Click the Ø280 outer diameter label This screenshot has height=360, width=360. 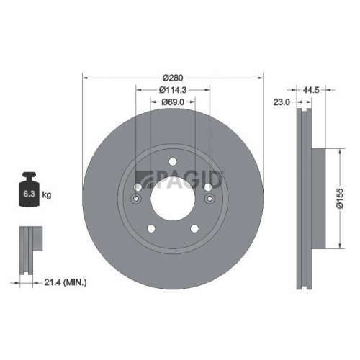coord(173,76)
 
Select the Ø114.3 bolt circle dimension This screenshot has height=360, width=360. coord(173,90)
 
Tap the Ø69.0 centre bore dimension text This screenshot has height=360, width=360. coord(173,103)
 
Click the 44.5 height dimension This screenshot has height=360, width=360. coord(311,90)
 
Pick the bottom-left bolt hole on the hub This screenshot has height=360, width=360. coord(153,228)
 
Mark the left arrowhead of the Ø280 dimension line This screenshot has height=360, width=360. coord(86,76)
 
